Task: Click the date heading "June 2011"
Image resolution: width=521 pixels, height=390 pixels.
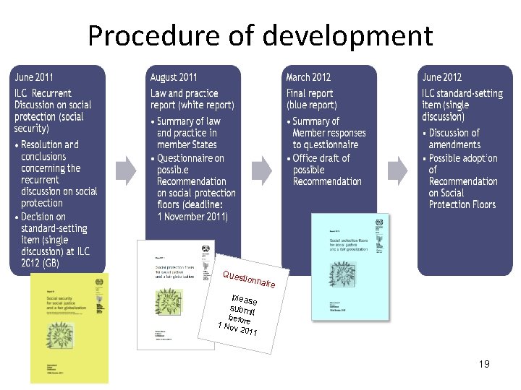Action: point(34,77)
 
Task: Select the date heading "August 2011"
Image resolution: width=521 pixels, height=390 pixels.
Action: point(174,77)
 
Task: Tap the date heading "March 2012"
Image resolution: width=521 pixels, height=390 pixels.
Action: point(308,77)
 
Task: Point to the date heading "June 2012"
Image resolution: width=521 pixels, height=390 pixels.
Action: point(442,77)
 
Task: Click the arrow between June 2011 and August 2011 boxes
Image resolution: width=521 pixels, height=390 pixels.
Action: point(126,170)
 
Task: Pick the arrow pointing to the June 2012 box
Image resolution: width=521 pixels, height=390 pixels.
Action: point(397,170)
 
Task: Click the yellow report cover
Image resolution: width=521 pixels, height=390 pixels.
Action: point(69,328)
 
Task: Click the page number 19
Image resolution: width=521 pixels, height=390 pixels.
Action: point(484,364)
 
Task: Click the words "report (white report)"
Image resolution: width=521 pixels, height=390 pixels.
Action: point(192,105)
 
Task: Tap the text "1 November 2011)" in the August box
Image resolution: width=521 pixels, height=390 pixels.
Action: point(192,217)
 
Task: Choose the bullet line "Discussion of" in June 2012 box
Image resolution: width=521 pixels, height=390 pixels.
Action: point(454,133)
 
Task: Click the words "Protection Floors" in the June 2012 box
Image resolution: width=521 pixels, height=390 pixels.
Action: point(462,205)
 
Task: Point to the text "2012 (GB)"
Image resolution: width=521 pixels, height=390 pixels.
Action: point(41,263)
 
